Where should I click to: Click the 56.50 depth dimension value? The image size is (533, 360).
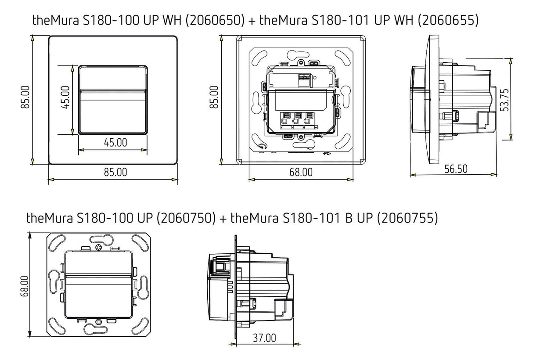(x=456, y=169)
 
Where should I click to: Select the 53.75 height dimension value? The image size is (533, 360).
(x=504, y=100)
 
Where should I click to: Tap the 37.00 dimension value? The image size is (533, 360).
(x=264, y=338)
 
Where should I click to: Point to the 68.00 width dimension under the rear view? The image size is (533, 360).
(x=301, y=172)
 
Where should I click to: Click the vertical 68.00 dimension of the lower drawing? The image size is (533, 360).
(x=24, y=287)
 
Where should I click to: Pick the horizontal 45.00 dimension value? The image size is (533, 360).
(x=115, y=143)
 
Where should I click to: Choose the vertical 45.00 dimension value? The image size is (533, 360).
(x=65, y=97)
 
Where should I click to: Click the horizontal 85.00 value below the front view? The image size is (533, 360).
(x=115, y=172)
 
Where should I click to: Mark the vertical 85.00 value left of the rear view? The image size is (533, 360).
(x=214, y=97)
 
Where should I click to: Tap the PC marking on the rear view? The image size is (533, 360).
(x=327, y=154)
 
